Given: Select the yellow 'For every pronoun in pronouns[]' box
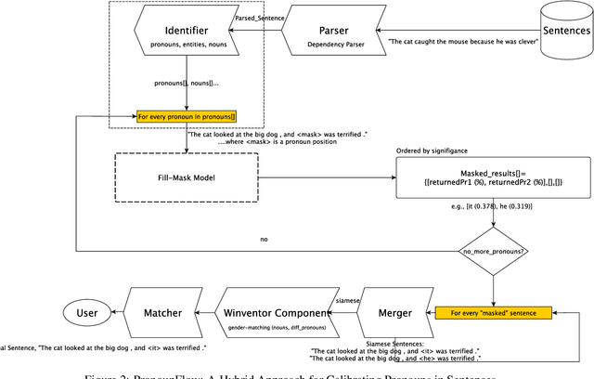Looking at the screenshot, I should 186,116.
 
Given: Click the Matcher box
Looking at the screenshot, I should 161,313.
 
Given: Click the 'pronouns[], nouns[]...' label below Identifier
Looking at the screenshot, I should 185,84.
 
